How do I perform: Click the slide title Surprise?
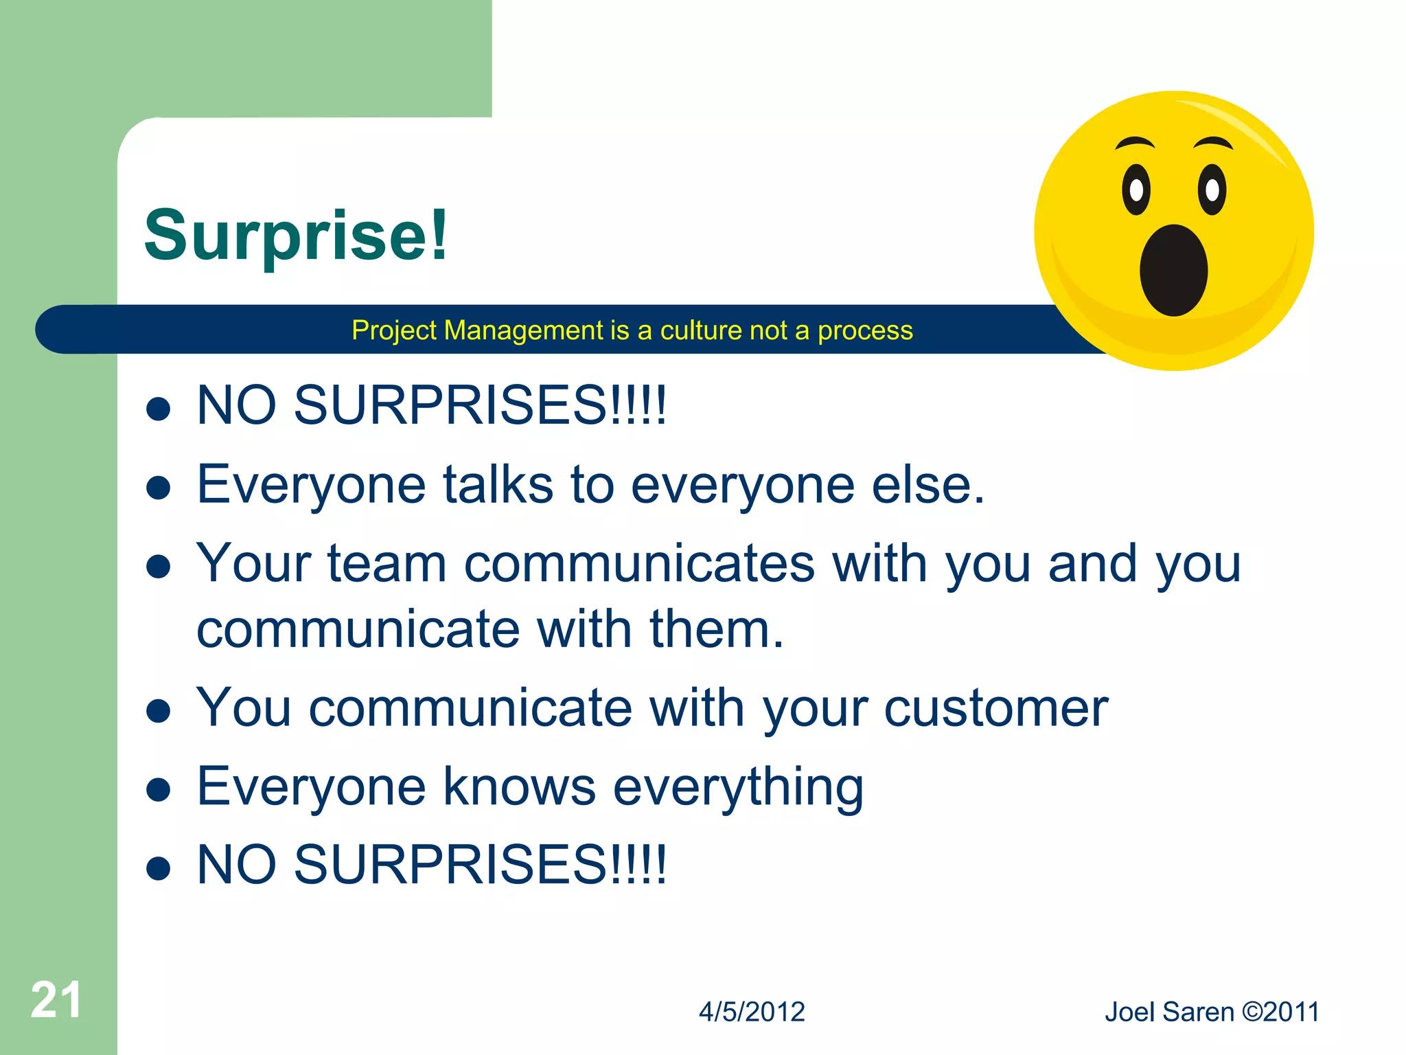[296, 236]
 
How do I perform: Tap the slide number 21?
[56, 1000]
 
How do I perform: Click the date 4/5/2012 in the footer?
[752, 1012]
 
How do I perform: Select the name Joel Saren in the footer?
[1169, 1012]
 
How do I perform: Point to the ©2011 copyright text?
[1281, 1012]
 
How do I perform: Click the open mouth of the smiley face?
[1173, 271]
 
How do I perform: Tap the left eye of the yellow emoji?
[1136, 190]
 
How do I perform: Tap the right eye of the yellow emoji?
[1212, 190]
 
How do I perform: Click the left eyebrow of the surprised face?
[1135, 143]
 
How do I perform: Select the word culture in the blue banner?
[701, 330]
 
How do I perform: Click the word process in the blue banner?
[865, 331]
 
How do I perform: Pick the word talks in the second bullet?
[498, 485]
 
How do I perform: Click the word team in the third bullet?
[387, 564]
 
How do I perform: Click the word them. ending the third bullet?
[717, 629]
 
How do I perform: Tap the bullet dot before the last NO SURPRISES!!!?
[159, 867]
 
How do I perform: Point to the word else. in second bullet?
[928, 485]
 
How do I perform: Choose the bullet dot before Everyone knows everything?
[159, 790]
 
